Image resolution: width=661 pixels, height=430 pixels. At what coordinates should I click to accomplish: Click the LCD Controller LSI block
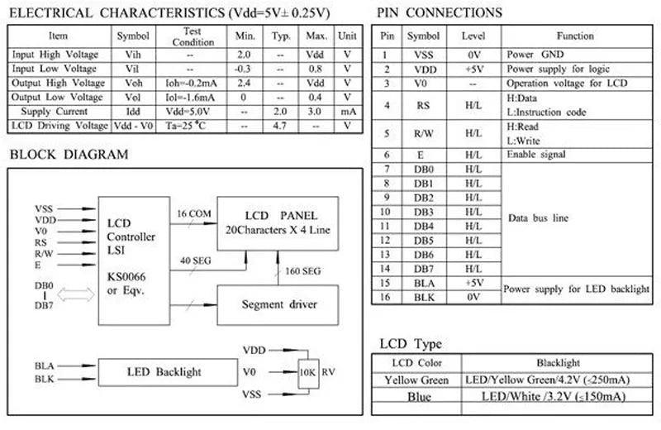[134, 260]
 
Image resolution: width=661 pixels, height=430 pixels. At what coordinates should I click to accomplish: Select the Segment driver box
[278, 304]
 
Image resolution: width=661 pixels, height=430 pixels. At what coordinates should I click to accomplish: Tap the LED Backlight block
[168, 372]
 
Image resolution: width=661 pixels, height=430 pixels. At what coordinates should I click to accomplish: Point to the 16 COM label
[194, 213]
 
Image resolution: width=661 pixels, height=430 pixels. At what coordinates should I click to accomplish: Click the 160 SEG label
[302, 271]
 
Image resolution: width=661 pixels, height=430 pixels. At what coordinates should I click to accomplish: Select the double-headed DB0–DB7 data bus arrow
[76, 294]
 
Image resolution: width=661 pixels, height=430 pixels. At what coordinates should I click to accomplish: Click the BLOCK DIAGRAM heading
[69, 155]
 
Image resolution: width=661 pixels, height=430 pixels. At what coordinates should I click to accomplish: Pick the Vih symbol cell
[133, 55]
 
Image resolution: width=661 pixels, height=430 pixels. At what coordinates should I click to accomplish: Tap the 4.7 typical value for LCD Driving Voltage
[279, 126]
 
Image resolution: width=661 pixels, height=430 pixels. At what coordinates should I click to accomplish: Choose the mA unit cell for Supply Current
[348, 112]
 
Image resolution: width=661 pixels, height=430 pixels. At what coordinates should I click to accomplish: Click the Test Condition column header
[193, 36]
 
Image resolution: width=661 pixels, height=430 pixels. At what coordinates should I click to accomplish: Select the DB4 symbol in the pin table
[424, 227]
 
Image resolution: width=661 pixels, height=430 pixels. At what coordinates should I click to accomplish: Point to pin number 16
[385, 297]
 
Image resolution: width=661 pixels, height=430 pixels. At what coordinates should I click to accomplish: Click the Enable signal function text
[535, 155]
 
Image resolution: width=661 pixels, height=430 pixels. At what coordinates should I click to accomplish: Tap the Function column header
[575, 36]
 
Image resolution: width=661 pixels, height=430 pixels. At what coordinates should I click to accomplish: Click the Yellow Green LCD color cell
[416, 380]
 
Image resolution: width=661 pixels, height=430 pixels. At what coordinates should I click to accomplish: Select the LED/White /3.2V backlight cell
[554, 397]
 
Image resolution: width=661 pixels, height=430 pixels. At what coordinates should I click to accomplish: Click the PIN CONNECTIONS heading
[440, 12]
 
